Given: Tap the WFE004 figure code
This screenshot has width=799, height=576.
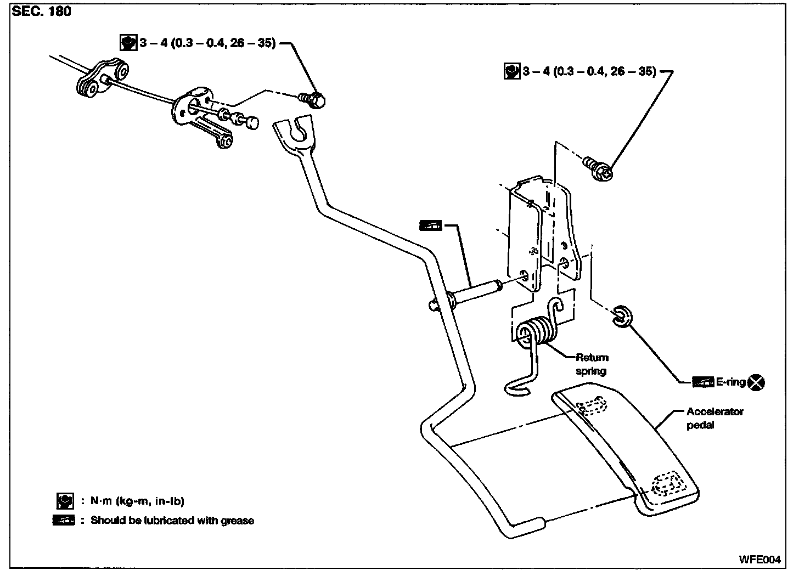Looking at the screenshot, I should tap(759, 560).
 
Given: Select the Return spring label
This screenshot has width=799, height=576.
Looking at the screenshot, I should tap(592, 364).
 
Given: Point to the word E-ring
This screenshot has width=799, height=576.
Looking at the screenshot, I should tap(731, 382).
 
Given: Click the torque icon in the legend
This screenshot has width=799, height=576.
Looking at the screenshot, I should tap(65, 501).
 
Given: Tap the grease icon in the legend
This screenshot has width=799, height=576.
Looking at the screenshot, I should tap(64, 520).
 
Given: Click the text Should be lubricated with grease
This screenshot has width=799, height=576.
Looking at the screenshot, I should tap(172, 520).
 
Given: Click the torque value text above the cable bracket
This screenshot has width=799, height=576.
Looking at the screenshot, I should tap(206, 43).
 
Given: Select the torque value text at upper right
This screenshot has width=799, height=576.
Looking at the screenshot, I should tap(589, 71).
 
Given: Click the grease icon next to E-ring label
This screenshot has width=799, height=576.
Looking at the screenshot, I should tap(703, 382).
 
